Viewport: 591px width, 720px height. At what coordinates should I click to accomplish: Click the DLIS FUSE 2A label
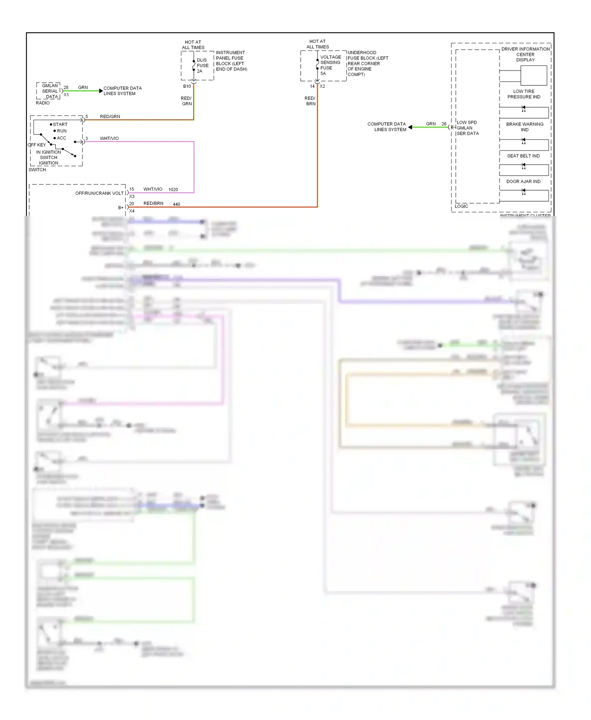(x=203, y=66)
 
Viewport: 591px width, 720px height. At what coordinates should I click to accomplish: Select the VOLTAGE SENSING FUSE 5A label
(x=330, y=65)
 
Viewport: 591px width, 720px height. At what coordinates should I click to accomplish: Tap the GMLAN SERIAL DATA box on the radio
(x=50, y=91)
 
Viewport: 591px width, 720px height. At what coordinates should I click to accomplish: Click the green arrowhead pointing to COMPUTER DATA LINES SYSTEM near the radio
(x=101, y=91)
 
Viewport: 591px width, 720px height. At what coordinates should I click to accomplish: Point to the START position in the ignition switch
(x=60, y=124)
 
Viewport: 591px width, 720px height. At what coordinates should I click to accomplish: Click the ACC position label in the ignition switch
(x=61, y=138)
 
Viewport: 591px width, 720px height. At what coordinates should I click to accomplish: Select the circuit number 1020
(x=173, y=189)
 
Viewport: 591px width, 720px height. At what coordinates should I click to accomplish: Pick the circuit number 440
(x=176, y=204)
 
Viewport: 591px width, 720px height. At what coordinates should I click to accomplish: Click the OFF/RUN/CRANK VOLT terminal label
(x=99, y=193)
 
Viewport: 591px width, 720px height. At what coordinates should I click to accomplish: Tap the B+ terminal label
(x=121, y=208)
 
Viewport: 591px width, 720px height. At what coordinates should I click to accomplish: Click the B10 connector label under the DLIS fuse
(x=187, y=86)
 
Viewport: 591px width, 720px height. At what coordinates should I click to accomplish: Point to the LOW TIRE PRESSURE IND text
(x=524, y=94)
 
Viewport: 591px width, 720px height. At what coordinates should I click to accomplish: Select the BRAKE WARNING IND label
(x=524, y=127)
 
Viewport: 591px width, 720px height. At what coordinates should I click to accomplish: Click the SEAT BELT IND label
(x=523, y=156)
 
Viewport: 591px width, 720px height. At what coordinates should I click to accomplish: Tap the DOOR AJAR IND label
(x=523, y=182)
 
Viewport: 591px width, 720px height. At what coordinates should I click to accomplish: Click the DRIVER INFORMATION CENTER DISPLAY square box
(x=533, y=75)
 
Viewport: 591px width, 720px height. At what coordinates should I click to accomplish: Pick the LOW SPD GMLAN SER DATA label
(x=467, y=128)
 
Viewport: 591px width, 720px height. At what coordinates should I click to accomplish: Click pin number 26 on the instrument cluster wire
(x=444, y=124)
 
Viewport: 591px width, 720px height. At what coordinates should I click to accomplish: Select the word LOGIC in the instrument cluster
(x=461, y=206)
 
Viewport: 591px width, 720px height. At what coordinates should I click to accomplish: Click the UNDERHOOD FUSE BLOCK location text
(x=367, y=63)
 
